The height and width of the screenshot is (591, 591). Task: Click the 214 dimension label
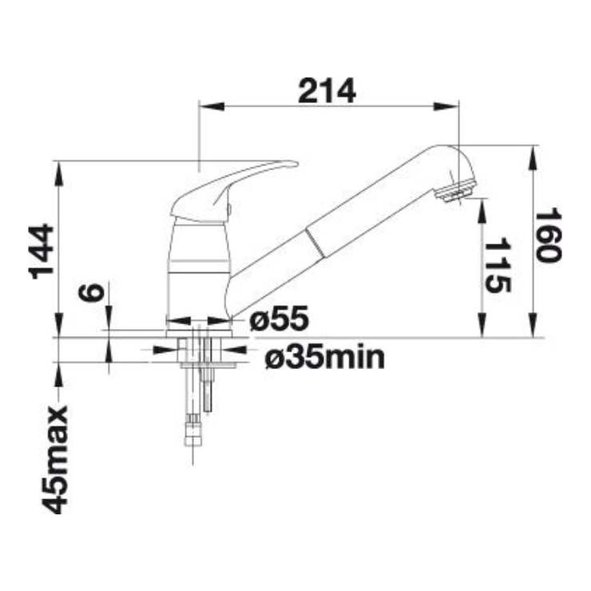pos(327,91)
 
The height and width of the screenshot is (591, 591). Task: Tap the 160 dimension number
pos(549,235)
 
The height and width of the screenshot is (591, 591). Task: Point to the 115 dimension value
pos(498,265)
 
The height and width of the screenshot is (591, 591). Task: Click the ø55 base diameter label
pos(279,319)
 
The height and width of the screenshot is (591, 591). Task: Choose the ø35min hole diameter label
pos(325,357)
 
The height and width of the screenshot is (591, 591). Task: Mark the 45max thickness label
pos(54,459)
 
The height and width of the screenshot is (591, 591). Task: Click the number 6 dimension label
pos(91,292)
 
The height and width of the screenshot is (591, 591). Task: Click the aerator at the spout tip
pos(455,191)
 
